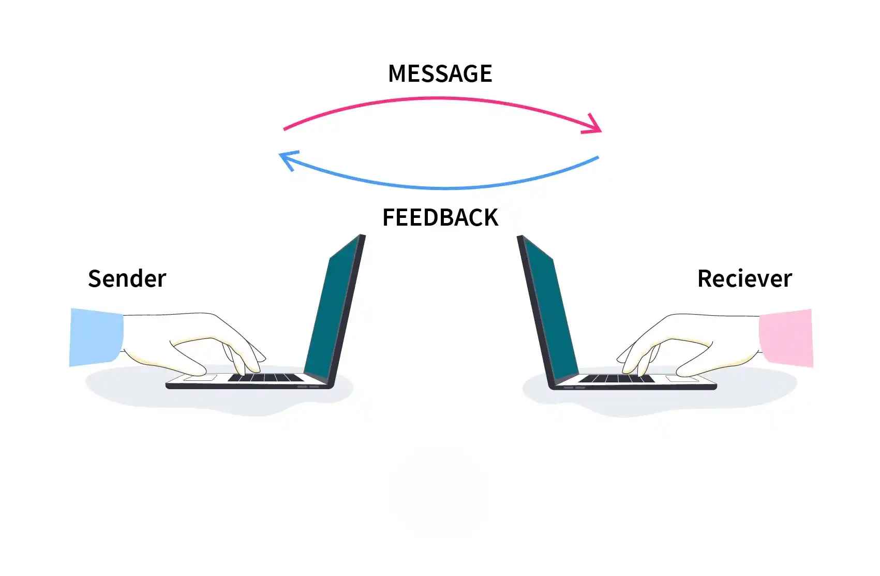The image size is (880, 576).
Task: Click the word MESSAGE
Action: point(440,74)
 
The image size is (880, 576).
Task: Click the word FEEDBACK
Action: point(440,217)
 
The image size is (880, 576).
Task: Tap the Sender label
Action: point(127,279)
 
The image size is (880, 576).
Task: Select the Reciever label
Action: point(744,279)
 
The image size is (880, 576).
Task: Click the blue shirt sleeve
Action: point(96,337)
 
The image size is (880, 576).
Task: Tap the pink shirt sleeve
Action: point(785,337)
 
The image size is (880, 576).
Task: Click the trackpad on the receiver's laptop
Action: point(682,379)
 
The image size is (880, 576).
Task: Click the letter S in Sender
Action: point(94,279)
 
